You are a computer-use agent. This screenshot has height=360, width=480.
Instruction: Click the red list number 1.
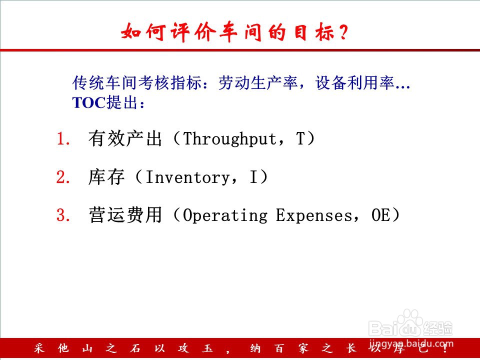coord(63,139)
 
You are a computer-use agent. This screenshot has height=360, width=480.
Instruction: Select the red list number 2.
coord(63,177)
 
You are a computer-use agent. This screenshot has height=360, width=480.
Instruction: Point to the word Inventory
coord(187,177)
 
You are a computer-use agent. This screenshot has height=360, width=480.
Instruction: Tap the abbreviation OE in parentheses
coord(381,215)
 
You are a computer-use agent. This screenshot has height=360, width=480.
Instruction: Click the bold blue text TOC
coord(89,102)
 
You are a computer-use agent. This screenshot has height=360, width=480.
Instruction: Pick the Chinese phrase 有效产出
coord(125,138)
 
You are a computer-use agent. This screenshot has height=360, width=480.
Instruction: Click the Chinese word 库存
coord(106,177)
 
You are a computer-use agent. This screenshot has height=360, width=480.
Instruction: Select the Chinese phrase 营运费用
coord(125,215)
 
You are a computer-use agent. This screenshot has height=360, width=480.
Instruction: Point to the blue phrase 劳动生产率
coord(258,82)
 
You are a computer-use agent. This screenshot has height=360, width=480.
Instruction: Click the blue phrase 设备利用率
coord(355,82)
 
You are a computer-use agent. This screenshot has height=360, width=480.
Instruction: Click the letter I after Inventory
coord(254,177)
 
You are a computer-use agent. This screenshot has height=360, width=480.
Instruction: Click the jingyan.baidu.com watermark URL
coord(411,344)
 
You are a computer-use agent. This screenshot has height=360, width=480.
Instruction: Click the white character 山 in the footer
coord(87,348)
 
